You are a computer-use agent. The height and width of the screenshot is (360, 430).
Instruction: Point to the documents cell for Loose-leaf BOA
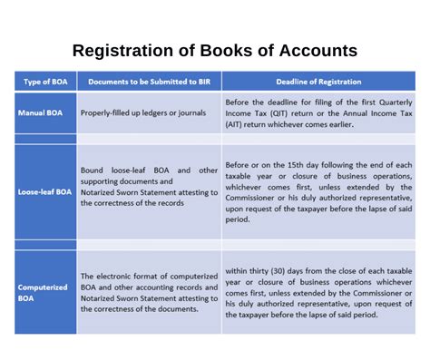148,186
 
